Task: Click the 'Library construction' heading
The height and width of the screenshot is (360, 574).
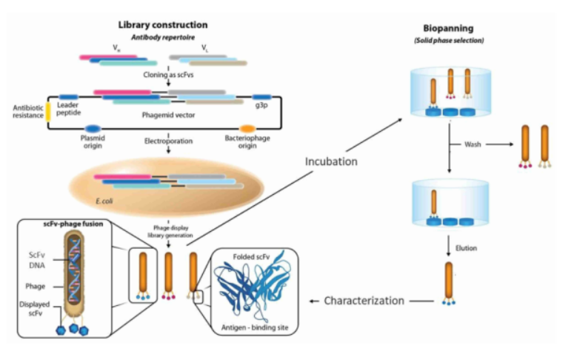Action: pyautogui.click(x=163, y=25)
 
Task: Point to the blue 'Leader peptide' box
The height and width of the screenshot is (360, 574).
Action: pyautogui.click(x=69, y=96)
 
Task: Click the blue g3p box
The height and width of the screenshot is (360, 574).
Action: pyautogui.click(x=261, y=96)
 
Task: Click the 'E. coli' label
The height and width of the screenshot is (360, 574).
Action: pyautogui.click(x=113, y=199)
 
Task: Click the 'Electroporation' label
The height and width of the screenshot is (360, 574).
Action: pyautogui.click(x=169, y=139)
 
